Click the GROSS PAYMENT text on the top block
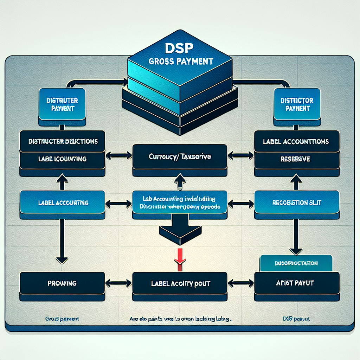pyautogui.click(x=180, y=61)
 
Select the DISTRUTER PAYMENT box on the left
pyautogui.click(x=62, y=104)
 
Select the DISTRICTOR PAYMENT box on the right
pyautogui.click(x=297, y=104)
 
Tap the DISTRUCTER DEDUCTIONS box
pyautogui.click(x=62, y=142)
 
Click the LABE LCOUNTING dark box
pyautogui.click(x=62, y=159)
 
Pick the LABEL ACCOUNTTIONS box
pyautogui.click(x=296, y=142)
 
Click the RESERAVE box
pyautogui.click(x=296, y=159)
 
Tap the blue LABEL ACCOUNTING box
pyautogui.click(x=62, y=203)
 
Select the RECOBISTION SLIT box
pyautogui.click(x=296, y=203)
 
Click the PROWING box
pyautogui.click(x=62, y=283)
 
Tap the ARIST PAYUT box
pyautogui.click(x=296, y=283)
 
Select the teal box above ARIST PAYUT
pyautogui.click(x=296, y=263)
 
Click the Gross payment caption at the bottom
pyautogui.click(x=62, y=319)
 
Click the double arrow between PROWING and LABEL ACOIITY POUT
pyautogui.click(x=118, y=283)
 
